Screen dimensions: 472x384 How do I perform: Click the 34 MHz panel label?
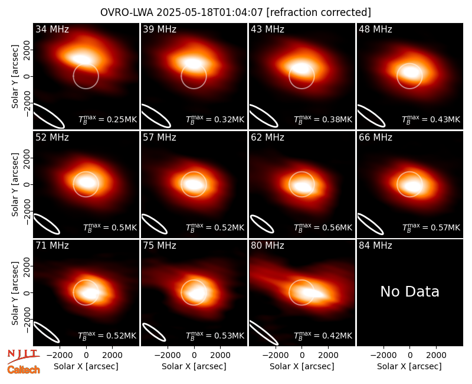(x=52, y=29)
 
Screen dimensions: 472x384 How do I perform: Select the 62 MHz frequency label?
(x=267, y=138)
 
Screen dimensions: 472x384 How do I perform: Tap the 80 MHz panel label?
(x=267, y=246)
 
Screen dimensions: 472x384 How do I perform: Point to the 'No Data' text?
(x=409, y=291)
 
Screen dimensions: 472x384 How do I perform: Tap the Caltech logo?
(x=24, y=370)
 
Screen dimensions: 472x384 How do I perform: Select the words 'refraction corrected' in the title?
(x=319, y=12)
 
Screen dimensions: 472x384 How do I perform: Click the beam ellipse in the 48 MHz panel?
(x=371, y=116)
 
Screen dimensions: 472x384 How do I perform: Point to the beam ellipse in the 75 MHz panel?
(x=154, y=332)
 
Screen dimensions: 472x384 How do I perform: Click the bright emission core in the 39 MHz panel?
(x=194, y=64)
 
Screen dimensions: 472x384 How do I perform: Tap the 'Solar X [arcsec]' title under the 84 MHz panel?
(x=409, y=366)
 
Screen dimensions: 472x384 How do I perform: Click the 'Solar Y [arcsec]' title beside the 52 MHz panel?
(x=15, y=184)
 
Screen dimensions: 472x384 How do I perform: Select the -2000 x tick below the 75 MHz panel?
(x=168, y=355)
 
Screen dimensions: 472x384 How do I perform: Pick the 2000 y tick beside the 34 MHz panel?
(x=27, y=50)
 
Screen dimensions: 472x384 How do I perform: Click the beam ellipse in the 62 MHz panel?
(x=262, y=224)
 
